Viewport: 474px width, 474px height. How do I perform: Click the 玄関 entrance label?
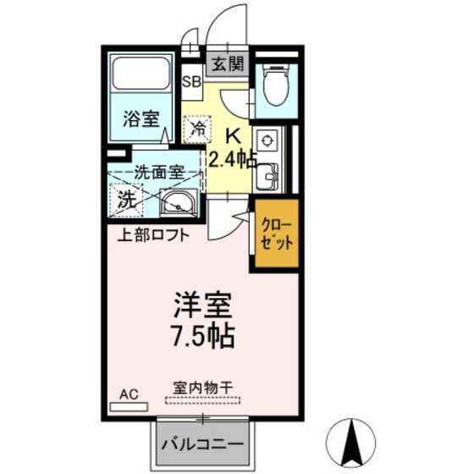coord(227,63)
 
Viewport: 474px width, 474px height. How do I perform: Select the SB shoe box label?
coord(192,82)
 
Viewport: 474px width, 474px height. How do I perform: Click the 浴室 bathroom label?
coord(142,118)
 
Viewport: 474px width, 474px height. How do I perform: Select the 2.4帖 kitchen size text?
coord(233,158)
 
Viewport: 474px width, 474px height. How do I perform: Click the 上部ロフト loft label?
coord(152,234)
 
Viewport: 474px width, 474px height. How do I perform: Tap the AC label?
coord(129,394)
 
